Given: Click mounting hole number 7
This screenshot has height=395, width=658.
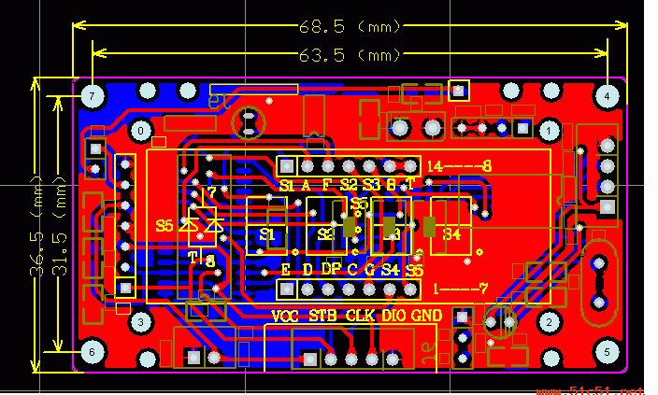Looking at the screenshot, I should pos(92,96).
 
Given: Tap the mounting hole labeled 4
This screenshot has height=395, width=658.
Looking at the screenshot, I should pos(607,96).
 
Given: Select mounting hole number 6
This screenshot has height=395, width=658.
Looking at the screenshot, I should pos(92,352).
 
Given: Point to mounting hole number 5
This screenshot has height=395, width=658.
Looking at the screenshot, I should pos(607,352).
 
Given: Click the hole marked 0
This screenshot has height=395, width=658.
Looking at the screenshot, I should pos(141,131).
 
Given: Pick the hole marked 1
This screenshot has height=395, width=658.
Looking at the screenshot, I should pos(550,131).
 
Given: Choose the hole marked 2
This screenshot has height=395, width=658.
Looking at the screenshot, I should pos(550,322).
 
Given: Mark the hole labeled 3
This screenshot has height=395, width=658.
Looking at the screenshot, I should pos(141,322).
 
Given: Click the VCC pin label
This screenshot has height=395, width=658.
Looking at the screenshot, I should pos(287,316).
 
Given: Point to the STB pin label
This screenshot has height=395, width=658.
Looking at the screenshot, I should pos(323,316).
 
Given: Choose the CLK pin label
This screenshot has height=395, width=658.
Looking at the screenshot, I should pos(361,316).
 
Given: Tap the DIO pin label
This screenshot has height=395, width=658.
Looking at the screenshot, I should pos(393,316).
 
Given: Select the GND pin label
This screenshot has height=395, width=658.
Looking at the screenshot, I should pos(426,316).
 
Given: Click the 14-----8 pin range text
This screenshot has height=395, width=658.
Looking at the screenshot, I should pos(459,166).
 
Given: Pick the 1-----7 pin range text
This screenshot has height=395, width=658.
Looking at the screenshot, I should pos(461,289).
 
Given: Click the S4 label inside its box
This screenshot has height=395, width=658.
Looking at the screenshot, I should pos(452,234).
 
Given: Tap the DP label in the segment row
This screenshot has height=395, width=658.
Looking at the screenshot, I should pos(331,269).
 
